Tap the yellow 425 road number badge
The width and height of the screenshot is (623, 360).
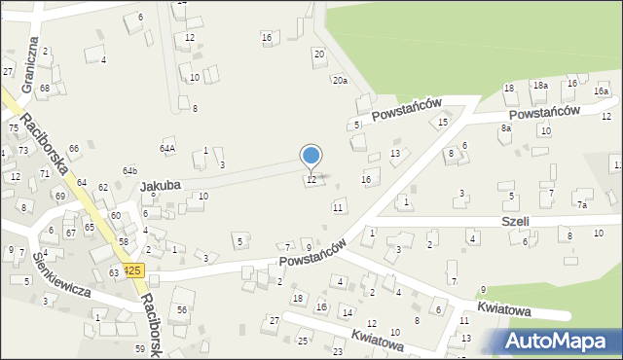(133, 270)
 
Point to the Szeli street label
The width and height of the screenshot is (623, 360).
(516, 221)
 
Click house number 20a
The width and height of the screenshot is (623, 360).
(339, 81)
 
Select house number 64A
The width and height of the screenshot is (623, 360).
(168, 149)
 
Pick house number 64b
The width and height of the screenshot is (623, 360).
(129, 171)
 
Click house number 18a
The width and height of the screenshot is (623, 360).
(539, 86)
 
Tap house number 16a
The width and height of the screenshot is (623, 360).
(602, 91)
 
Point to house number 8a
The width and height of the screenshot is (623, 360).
(506, 127)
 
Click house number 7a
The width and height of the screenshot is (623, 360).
(582, 205)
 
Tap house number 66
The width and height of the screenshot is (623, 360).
(74, 147)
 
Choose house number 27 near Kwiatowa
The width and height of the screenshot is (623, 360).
(275, 319)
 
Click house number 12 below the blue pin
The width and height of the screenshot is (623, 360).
(311, 179)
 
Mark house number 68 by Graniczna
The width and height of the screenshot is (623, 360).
(44, 89)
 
